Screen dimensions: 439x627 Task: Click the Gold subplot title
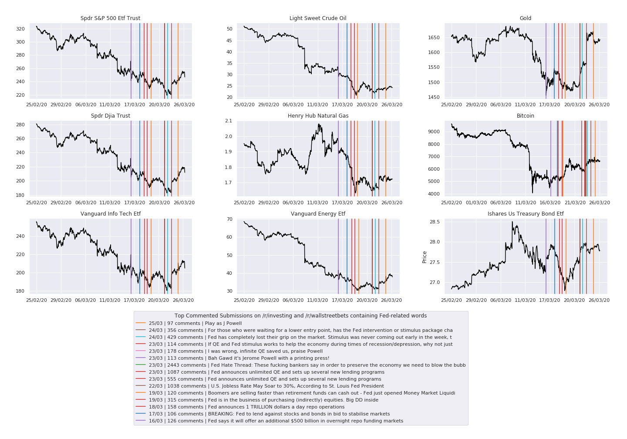tap(525, 18)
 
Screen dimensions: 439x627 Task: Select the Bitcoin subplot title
tap(525, 116)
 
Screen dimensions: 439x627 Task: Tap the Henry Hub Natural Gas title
tap(318, 116)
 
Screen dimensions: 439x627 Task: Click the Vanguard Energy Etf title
tap(318, 214)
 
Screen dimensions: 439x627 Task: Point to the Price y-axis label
tap(425, 257)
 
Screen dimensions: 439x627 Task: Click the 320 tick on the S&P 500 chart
tap(20, 29)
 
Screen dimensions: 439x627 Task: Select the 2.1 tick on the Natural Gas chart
tap(228, 121)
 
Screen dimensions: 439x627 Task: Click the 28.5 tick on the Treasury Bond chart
tap(434, 222)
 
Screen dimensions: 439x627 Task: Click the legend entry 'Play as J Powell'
tap(195, 323)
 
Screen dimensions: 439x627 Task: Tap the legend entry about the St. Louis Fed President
tap(266, 386)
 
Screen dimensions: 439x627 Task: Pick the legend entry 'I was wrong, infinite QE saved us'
tap(236, 351)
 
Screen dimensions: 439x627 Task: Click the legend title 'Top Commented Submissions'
tap(300, 316)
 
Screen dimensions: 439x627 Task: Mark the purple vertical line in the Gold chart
tap(546, 61)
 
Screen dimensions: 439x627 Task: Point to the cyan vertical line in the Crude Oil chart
tap(375, 61)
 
